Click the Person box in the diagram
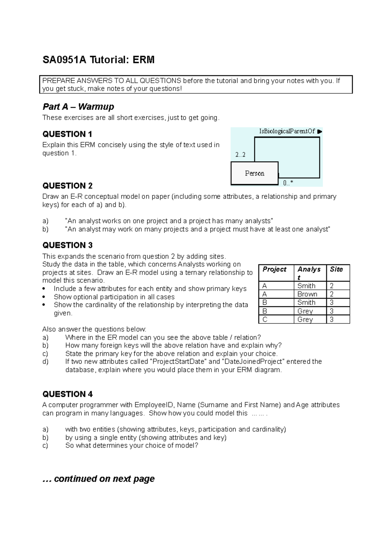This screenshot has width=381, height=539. click(x=254, y=173)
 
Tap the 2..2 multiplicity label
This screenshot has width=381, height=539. click(x=240, y=155)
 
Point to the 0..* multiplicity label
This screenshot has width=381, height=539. click(x=288, y=183)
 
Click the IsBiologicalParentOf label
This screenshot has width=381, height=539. click(x=287, y=131)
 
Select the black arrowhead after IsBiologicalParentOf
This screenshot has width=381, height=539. click(x=320, y=131)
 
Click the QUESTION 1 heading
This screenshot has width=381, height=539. click(x=67, y=134)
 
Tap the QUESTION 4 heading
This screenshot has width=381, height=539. click(x=68, y=394)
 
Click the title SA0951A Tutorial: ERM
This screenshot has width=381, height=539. click(x=98, y=60)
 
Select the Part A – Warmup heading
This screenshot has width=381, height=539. click(x=78, y=107)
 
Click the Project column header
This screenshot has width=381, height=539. click(x=274, y=269)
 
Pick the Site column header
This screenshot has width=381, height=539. click(x=336, y=269)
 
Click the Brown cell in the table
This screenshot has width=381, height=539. click(x=307, y=294)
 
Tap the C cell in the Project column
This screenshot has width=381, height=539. click(x=265, y=320)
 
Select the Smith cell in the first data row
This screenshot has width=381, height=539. click(x=306, y=286)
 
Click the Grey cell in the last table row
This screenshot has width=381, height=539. click(x=305, y=320)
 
